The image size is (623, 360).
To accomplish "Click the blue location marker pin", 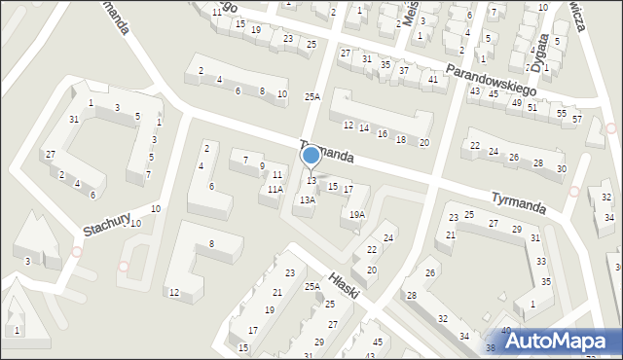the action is [311, 156].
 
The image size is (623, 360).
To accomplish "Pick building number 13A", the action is [307, 200].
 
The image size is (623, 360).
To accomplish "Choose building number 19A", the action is [357, 215].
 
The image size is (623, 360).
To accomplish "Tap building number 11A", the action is [276, 190].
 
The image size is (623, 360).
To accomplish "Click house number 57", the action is [576, 120].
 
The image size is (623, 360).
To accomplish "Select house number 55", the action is [562, 114].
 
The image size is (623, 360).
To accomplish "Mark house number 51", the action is [531, 107].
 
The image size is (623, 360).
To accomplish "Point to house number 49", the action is [516, 102].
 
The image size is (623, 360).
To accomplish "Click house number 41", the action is [431, 79].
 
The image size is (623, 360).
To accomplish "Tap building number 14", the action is [363, 128].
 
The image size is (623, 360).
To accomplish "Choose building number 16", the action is [383, 134].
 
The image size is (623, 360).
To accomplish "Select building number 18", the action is [401, 140].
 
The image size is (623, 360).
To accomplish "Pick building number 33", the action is [541, 263].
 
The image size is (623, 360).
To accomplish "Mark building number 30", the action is [561, 169].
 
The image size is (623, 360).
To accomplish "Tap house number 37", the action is [404, 71].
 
